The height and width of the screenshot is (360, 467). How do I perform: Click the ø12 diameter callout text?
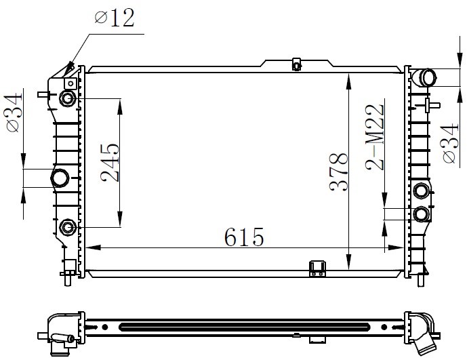tap(115, 18)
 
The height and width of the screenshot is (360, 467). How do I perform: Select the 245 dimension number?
tap(110, 163)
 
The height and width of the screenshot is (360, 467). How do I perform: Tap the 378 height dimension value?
tap(339, 172)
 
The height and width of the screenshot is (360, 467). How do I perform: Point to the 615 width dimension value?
tap(244, 237)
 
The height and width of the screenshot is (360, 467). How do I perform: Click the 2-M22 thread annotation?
tap(374, 137)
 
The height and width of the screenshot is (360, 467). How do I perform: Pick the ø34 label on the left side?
tap(14, 113)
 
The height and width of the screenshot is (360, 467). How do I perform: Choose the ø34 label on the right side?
tap(450, 144)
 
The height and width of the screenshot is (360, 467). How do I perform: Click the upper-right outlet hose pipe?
tap(424, 77)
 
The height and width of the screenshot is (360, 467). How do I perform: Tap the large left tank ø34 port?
tap(60, 178)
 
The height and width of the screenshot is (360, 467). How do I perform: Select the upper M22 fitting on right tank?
tap(422, 191)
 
